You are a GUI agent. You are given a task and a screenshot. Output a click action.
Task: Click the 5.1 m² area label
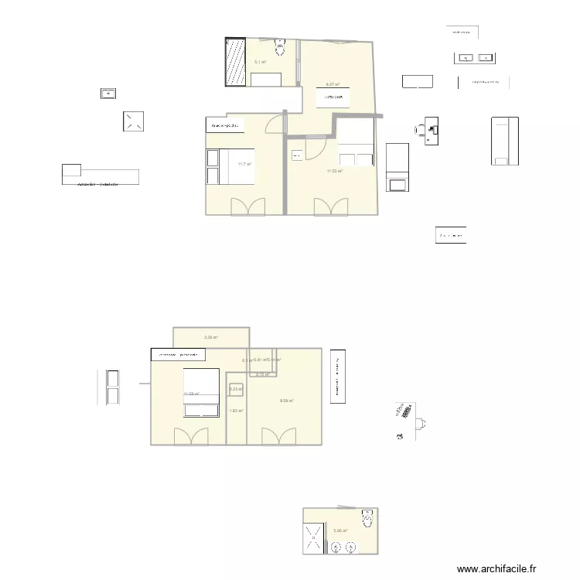260,62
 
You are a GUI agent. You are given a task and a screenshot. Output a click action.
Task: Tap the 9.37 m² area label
333,84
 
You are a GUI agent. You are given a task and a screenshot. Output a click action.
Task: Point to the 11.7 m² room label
244,164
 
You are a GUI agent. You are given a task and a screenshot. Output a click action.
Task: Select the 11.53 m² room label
334,171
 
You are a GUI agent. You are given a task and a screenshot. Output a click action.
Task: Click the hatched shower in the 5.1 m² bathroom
234,62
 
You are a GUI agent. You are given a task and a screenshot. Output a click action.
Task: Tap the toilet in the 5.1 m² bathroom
280,48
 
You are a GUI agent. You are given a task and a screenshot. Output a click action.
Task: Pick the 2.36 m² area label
210,337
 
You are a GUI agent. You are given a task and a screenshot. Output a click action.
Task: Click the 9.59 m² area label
286,401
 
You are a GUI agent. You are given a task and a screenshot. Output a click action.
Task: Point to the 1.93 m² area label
237,411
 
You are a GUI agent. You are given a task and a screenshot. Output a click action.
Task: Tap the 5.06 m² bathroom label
340,531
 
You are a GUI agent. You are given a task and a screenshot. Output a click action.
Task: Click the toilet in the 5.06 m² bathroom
367,519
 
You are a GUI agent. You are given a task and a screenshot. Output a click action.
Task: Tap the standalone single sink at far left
108,94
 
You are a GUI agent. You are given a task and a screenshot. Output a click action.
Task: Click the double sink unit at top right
474,57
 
